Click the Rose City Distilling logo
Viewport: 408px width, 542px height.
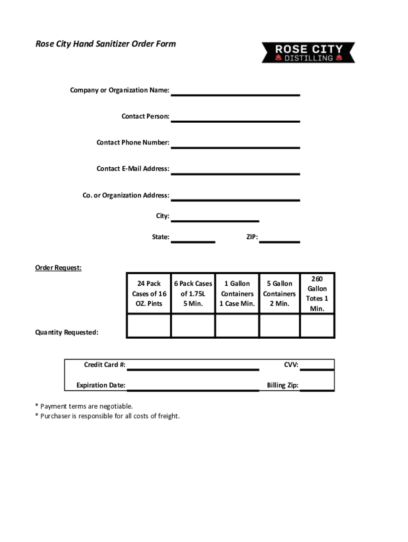(308, 52)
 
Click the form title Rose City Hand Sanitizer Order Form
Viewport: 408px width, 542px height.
(105, 43)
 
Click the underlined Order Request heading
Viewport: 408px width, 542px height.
(58, 268)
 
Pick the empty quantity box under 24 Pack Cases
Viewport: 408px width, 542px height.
(149, 326)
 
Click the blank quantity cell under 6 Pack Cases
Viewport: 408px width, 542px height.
(193, 326)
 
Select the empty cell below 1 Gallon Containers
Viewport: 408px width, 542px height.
(237, 326)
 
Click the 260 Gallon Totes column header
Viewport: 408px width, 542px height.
(317, 294)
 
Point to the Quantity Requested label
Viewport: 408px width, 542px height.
(67, 332)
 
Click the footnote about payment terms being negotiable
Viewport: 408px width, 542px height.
(84, 406)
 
